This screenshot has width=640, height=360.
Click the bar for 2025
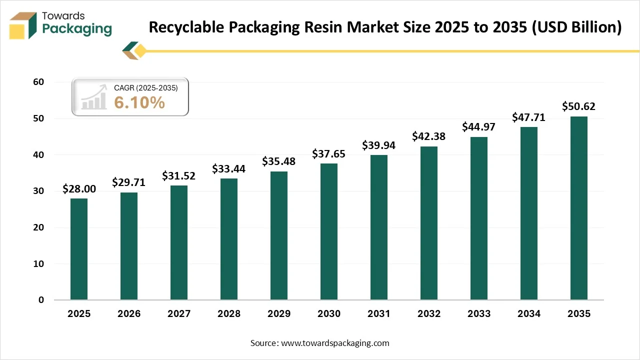(79, 249)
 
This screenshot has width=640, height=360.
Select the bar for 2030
(329, 231)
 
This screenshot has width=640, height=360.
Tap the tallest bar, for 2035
(579, 208)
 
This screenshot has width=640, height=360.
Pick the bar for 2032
(429, 223)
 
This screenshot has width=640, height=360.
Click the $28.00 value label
(79, 189)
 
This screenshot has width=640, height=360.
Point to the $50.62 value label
(579, 106)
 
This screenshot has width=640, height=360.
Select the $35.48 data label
(279, 161)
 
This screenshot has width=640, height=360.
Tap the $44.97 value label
(479, 127)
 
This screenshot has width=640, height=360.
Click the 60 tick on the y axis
(38, 82)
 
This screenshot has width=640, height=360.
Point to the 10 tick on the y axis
(38, 263)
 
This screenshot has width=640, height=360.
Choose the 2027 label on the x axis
(179, 314)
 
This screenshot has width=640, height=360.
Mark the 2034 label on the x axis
(529, 314)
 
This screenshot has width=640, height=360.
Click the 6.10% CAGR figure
(139, 102)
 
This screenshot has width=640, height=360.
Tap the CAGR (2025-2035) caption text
(145, 87)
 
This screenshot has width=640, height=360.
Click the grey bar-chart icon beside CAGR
(94, 97)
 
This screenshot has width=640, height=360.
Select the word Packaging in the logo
(77, 29)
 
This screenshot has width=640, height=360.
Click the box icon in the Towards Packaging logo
(23, 25)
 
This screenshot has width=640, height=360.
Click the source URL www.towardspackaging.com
(335, 343)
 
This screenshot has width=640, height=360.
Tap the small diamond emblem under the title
(135, 50)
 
